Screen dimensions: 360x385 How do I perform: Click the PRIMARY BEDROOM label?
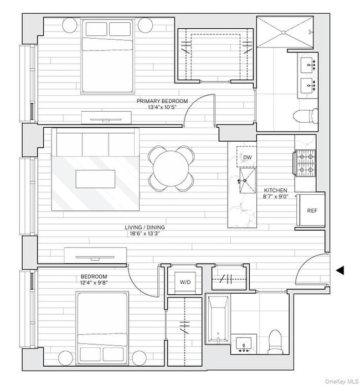tap(162, 101)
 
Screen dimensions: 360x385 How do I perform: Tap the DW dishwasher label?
tap(248, 158)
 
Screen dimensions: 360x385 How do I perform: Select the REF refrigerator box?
tap(312, 210)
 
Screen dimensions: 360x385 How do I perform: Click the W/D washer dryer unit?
tap(185, 282)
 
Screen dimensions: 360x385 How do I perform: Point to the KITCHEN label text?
tap(275, 190)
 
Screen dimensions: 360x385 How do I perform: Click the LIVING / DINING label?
tap(145, 227)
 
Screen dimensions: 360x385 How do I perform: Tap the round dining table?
tap(171, 168)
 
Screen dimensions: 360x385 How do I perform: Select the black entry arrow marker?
tap(340, 270)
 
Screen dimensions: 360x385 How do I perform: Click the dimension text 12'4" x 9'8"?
tap(94, 282)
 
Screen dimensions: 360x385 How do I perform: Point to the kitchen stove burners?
tap(306, 163)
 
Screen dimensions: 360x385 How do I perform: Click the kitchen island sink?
tap(248, 180)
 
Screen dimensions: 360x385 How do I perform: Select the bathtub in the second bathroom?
tap(218, 319)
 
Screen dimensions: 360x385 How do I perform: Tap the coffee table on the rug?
tap(95, 179)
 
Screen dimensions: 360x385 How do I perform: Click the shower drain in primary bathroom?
tap(284, 33)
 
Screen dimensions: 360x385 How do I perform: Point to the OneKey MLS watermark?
tap(342, 381)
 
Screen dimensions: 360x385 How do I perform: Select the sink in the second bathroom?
tap(244, 344)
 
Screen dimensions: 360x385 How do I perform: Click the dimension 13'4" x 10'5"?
tap(162, 107)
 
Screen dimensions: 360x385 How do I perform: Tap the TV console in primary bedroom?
tap(106, 118)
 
